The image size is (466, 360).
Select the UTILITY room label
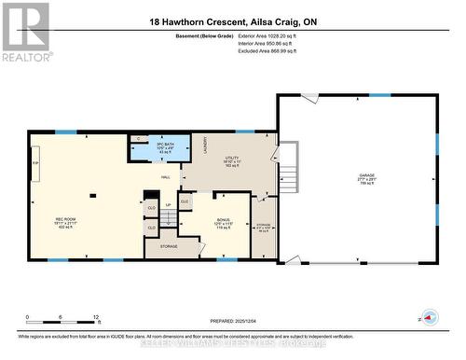point(230,159)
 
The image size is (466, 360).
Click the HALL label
point(165,175)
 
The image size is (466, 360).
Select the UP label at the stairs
point(168,205)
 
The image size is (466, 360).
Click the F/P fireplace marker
point(36,163)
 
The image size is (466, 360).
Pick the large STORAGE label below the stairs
point(169,247)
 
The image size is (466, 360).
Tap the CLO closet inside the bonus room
point(185,201)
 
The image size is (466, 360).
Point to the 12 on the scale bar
point(96,317)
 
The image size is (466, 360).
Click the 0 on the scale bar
point(28,317)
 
